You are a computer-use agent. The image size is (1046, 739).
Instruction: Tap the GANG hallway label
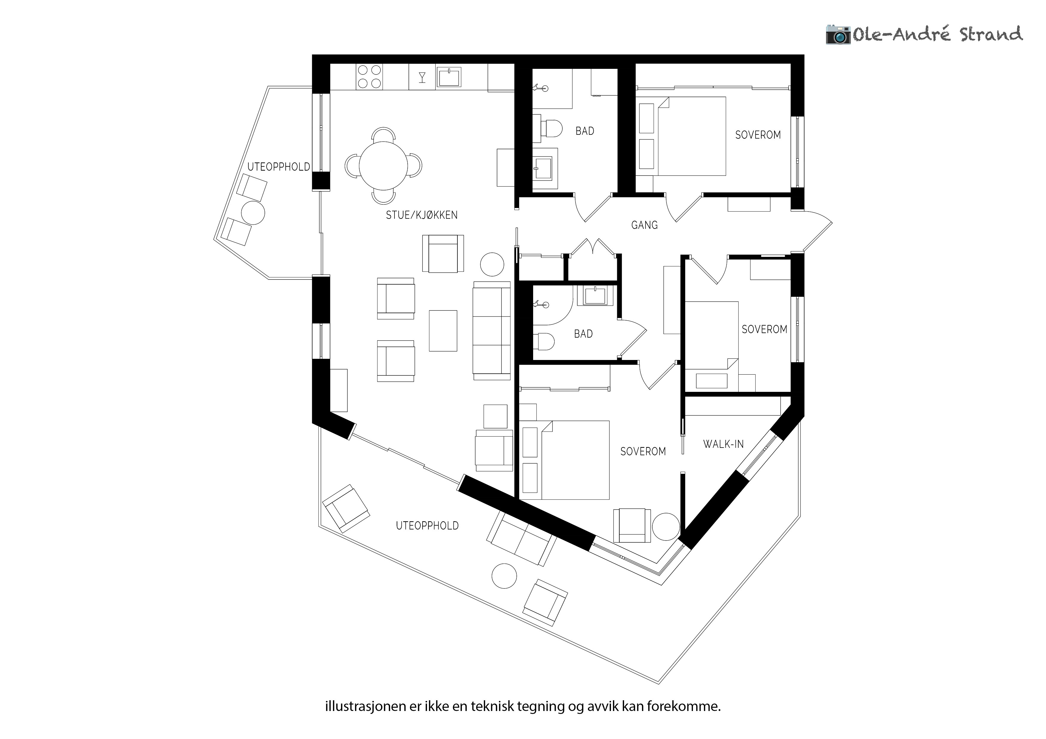(644, 225)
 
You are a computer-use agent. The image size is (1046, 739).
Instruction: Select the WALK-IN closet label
(723, 444)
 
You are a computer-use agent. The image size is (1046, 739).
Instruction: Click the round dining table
(383, 165)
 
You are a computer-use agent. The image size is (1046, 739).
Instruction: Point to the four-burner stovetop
(369, 77)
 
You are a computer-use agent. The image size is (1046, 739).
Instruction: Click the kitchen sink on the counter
(449, 77)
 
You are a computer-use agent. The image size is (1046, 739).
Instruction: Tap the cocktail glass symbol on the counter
(422, 77)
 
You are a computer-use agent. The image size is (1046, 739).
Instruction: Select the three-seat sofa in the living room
(492, 330)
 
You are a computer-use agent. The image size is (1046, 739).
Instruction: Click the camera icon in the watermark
(838, 35)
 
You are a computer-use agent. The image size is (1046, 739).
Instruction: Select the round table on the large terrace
(504, 576)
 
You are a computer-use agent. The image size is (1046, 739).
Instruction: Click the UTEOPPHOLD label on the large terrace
(427, 525)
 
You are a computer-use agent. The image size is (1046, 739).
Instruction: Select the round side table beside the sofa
(492, 264)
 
